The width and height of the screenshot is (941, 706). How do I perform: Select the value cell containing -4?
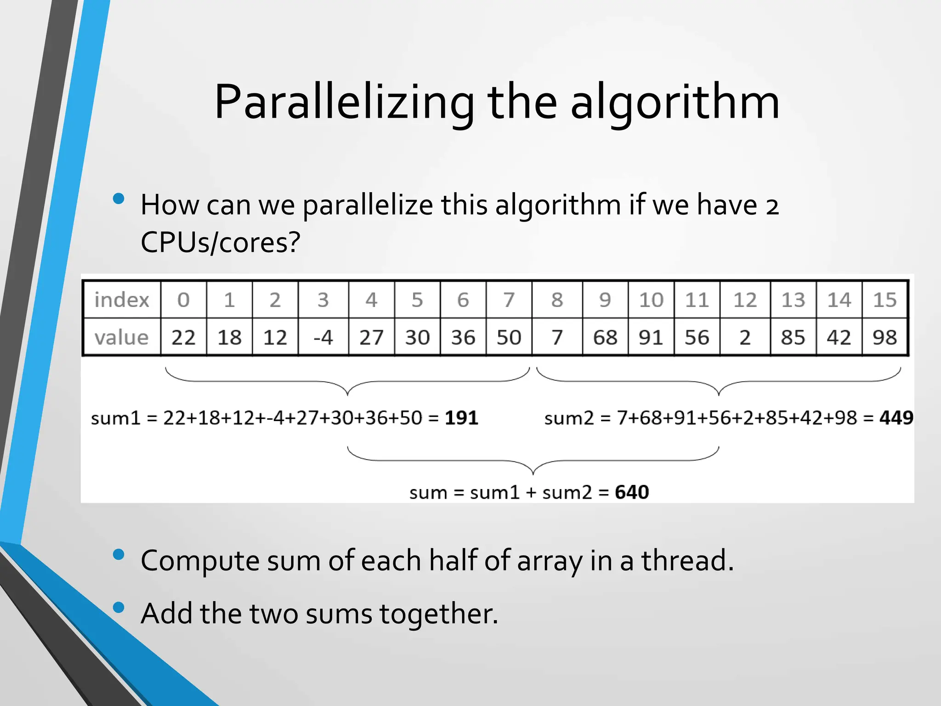tap(323, 338)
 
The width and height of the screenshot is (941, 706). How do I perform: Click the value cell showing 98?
tap(884, 338)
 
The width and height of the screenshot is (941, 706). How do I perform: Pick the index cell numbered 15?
tap(884, 300)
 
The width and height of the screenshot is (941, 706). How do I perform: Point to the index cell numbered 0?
tap(183, 300)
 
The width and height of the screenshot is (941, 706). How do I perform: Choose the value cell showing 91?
tap(651, 338)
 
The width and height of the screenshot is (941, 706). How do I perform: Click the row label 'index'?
tap(122, 300)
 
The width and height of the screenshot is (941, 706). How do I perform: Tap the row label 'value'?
tap(122, 338)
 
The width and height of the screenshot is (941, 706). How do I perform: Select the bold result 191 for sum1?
tap(461, 418)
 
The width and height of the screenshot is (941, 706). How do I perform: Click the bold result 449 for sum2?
tap(896, 418)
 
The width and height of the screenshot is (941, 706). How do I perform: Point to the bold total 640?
tap(632, 492)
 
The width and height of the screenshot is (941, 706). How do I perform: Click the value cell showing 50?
tap(509, 338)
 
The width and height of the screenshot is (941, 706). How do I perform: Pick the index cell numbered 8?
tap(557, 300)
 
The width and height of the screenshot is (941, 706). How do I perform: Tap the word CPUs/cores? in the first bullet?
tap(220, 243)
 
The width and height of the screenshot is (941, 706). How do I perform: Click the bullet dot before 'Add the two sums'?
tap(119, 608)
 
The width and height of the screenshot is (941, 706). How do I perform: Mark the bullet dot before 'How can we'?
tap(119, 199)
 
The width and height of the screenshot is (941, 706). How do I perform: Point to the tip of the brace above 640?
tap(533, 474)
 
